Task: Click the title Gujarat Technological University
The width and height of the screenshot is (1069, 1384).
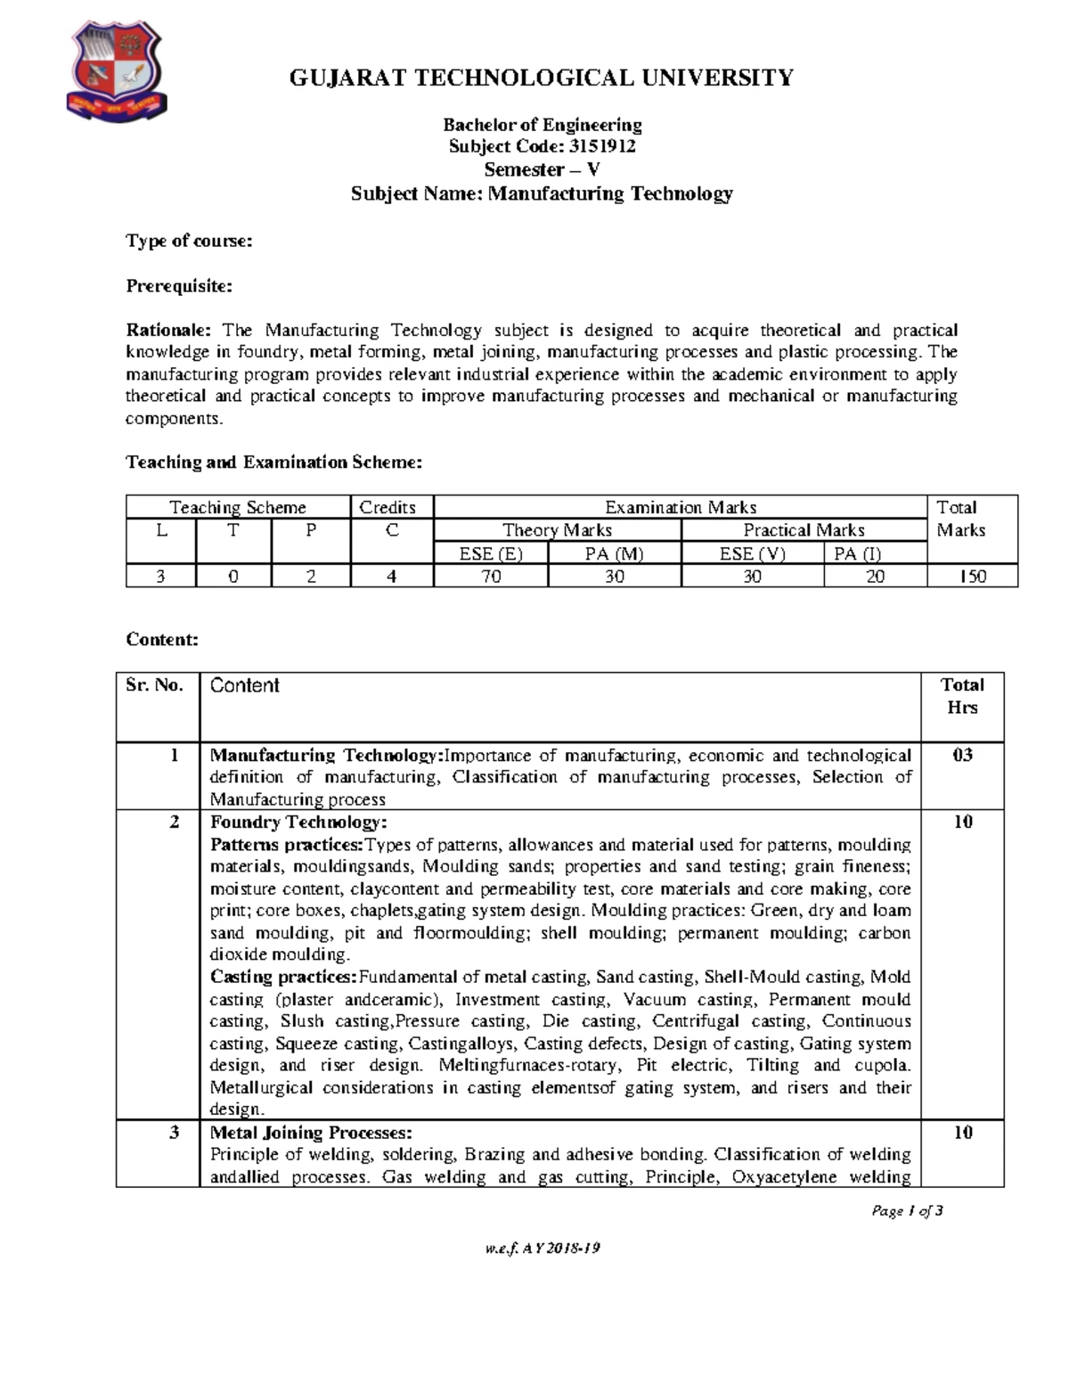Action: (x=542, y=78)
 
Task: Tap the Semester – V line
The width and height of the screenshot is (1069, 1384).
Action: (x=542, y=169)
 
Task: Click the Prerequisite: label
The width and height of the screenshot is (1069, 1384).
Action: (x=179, y=286)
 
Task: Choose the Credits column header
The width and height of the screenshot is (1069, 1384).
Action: (x=388, y=507)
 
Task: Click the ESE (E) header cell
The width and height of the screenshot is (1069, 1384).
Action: (x=491, y=553)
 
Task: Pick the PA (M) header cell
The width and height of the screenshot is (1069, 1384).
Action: (x=614, y=553)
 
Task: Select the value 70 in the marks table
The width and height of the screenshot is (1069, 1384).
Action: (x=491, y=577)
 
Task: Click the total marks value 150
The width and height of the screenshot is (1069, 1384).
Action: (x=972, y=577)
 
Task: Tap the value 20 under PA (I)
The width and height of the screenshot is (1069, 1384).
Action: (x=875, y=577)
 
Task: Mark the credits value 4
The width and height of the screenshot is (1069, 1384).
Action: (x=392, y=577)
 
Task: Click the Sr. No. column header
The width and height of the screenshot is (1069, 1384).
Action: (x=155, y=685)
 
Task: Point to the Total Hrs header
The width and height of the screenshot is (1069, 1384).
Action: (x=962, y=696)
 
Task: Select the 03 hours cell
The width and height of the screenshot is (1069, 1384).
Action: (x=962, y=755)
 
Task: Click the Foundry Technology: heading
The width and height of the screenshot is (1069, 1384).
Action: (x=298, y=822)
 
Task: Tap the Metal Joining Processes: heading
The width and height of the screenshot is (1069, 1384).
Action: (x=311, y=1133)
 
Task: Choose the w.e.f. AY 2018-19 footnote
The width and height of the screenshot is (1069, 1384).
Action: (x=542, y=1249)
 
